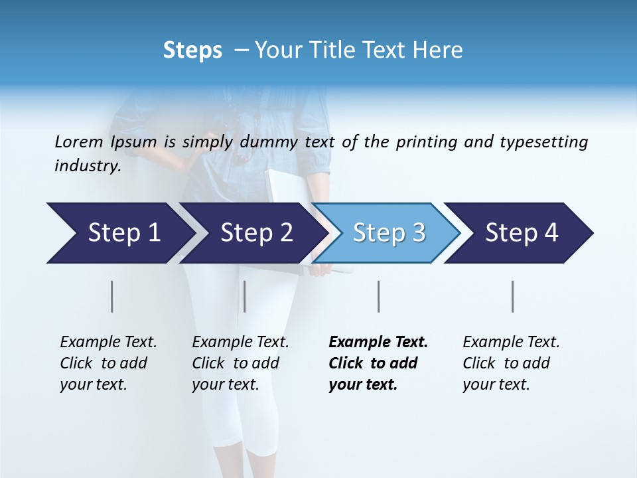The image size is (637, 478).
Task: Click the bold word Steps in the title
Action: [x=192, y=50]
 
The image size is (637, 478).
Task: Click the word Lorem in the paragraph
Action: [x=78, y=141]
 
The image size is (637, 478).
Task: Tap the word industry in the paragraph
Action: [x=87, y=166]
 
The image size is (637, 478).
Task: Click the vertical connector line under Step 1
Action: [x=111, y=296]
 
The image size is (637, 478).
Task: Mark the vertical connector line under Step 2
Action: [x=245, y=296]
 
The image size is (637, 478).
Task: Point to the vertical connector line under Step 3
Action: [x=378, y=296]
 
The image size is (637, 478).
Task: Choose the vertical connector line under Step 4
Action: [x=512, y=296]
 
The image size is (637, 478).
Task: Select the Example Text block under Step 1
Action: [x=108, y=363]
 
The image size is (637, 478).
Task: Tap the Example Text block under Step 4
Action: [x=510, y=363]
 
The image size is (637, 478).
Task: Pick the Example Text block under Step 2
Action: [x=240, y=363]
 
